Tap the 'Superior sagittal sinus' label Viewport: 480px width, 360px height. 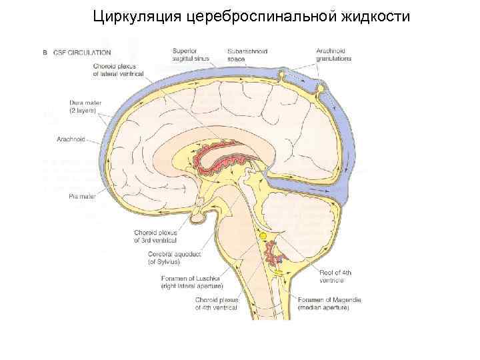coord(191,55)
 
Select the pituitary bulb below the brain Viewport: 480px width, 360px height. coord(199,217)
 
